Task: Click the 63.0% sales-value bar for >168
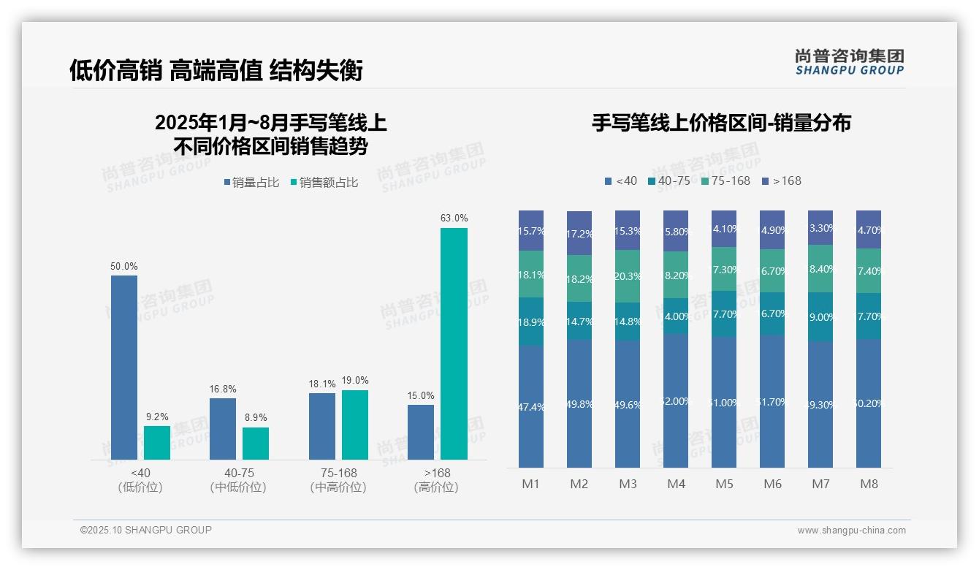point(454,343)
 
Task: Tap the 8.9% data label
point(256,418)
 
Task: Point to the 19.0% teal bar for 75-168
point(355,425)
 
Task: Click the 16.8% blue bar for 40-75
point(223,428)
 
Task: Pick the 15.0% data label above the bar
point(421,395)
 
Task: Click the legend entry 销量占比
point(251,183)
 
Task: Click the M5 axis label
point(724,484)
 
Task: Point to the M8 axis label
point(869,484)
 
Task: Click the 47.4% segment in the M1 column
point(531,406)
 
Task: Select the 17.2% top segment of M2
point(579,233)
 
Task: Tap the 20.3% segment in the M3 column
point(628,276)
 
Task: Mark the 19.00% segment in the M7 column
point(820,317)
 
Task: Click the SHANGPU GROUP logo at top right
point(849,62)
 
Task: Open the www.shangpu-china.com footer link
point(851,531)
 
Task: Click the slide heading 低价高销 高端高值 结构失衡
point(216,70)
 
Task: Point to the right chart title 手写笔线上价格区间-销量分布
point(721,123)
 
